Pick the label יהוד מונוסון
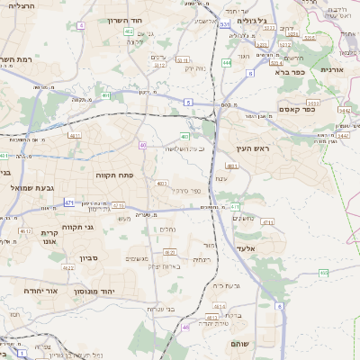click(115, 280)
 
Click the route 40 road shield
click(142, 145)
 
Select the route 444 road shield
click(227, 63)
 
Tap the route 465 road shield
click(322, 272)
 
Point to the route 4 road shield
click(81, 25)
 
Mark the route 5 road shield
click(188, 103)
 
